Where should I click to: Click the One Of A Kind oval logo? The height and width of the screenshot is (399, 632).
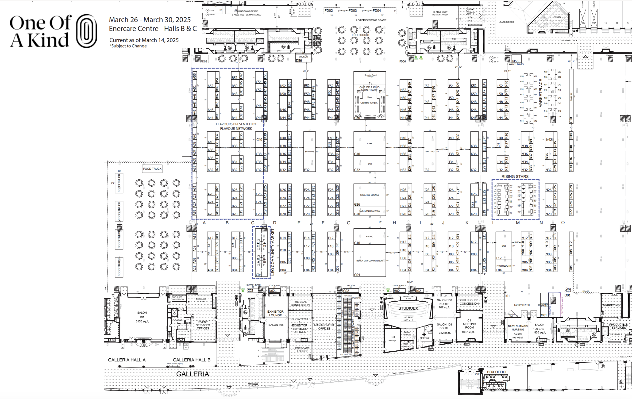[x=86, y=31]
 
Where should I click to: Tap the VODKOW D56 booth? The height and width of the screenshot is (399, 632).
[x=303, y=58]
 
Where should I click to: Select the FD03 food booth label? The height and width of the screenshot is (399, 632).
[x=352, y=11]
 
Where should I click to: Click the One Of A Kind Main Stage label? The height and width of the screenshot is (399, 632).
[x=369, y=89]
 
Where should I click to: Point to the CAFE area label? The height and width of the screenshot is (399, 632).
[x=370, y=143]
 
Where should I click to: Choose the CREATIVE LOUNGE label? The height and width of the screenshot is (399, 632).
[x=370, y=195]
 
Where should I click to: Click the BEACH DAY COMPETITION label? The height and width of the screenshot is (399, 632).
[x=370, y=261]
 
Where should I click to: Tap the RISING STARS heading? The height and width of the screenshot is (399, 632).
[x=515, y=176]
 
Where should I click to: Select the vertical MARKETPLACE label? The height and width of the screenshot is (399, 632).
[x=541, y=93]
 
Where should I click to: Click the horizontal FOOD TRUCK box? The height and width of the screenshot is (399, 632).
[x=152, y=169]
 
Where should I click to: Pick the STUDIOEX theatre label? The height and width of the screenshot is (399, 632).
[x=408, y=308]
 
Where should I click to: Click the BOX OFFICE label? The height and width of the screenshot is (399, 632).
[x=497, y=372]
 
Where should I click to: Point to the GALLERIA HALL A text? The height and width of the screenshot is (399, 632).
[x=127, y=360]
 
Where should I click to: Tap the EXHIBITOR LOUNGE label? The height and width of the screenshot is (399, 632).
[x=275, y=313]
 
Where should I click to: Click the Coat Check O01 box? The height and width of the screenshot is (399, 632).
[x=568, y=295]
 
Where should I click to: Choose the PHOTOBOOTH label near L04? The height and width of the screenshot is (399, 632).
[x=504, y=266]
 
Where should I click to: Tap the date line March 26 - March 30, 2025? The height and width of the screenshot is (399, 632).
[x=150, y=20]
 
